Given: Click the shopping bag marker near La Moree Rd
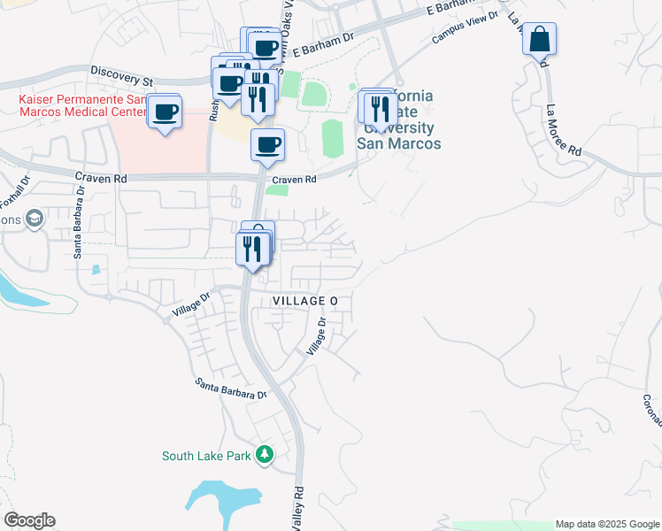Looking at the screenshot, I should (539, 41).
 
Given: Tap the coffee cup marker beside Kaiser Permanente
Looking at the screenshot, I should (164, 112).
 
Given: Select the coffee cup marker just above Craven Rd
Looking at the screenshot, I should (267, 145).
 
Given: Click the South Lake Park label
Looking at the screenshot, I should (205, 456).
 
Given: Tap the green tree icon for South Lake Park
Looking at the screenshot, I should (264, 455).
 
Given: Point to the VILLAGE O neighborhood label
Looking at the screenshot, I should (305, 302).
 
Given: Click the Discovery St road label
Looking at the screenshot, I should (122, 70).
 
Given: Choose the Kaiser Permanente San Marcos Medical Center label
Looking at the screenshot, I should (81, 106).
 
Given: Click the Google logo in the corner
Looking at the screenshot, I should (29, 520).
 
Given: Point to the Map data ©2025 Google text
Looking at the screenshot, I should (607, 524).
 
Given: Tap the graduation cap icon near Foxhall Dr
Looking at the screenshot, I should (35, 219).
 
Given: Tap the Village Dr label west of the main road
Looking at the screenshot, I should (191, 304).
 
